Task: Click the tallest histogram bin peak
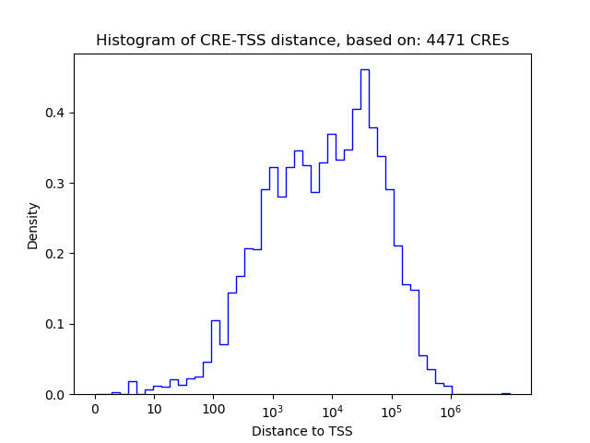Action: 364,70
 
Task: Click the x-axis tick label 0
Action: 95,410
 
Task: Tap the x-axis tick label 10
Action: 154,410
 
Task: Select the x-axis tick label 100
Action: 213,410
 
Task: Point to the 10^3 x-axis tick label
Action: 273,410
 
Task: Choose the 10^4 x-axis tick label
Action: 332,410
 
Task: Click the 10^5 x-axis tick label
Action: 391,410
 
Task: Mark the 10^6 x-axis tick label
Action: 450,410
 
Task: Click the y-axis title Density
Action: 33,225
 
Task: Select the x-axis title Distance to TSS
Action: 301,431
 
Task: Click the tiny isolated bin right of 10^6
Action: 505,393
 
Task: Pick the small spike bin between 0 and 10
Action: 133,388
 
